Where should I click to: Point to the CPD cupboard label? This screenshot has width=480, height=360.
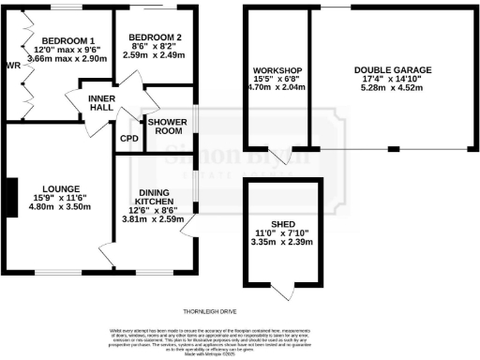129,139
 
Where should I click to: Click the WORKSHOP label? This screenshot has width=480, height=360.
277,71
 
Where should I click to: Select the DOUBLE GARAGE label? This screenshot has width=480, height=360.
393,71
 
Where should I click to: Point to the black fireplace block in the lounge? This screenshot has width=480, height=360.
8,197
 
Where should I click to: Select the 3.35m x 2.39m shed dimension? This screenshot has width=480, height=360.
282,242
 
